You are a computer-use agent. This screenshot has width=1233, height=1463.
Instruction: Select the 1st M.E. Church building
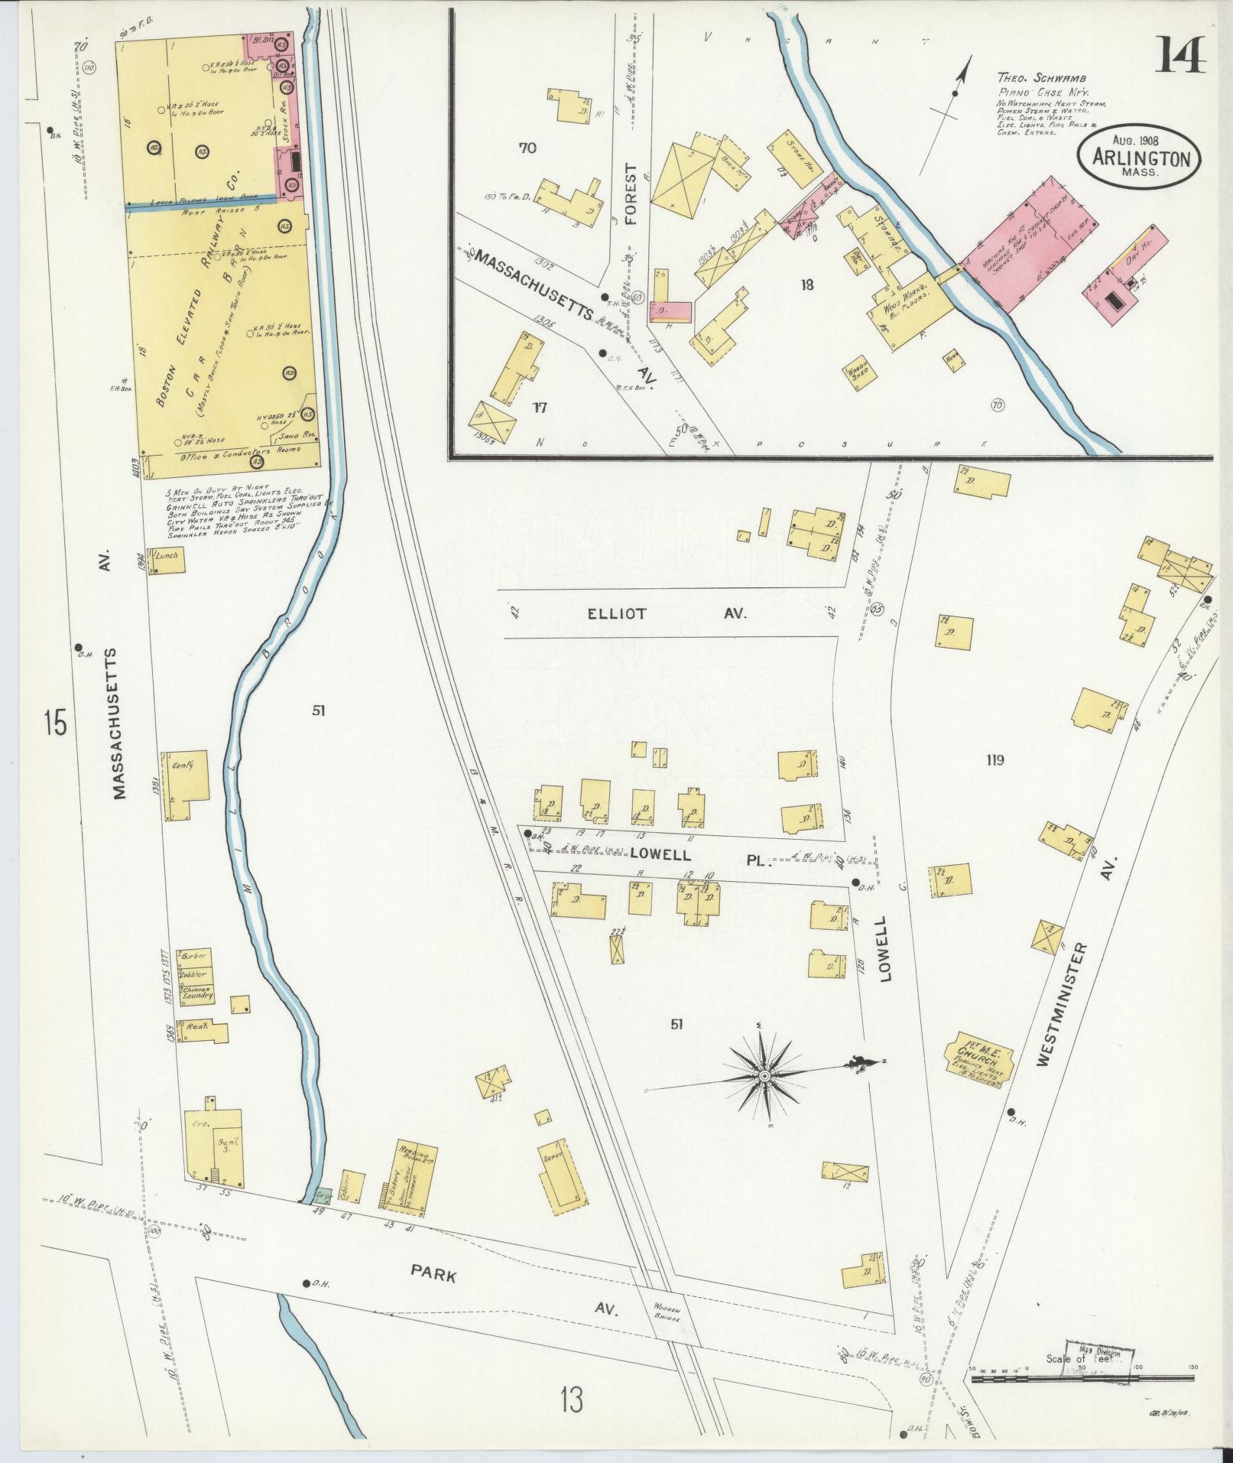(978, 1059)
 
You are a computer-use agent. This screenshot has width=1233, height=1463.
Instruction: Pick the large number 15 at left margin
(55, 722)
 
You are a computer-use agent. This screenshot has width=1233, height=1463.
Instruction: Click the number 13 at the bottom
(570, 1400)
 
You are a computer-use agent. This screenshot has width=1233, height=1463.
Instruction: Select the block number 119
(995, 760)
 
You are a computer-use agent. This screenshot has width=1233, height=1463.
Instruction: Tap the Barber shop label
(189, 956)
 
